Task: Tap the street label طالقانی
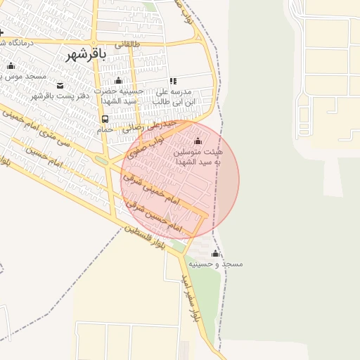pos(131,44)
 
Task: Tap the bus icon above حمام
pos(104,119)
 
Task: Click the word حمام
pos(105,129)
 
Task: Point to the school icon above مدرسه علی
pos(173,82)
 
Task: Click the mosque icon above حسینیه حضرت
pos(118,80)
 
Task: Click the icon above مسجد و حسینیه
pos(215,254)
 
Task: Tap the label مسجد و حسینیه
pos(221,264)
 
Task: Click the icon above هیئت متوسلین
pos(197,141)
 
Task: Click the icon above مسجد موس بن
pos(11,66)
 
